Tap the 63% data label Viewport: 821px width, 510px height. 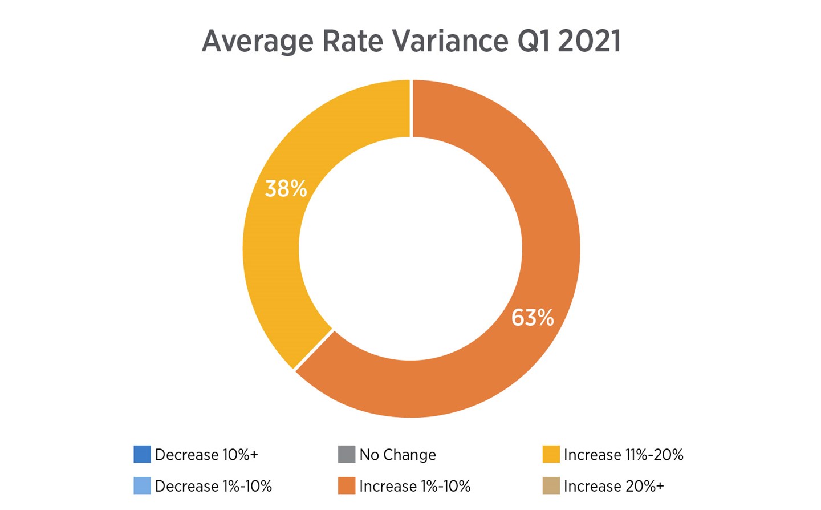tap(532, 318)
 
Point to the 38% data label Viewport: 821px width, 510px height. tap(286, 189)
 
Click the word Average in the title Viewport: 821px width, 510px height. tap(257, 41)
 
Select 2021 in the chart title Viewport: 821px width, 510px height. tap(590, 41)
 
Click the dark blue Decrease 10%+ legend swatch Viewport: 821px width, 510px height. tap(142, 454)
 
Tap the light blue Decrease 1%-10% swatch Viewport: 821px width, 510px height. tap(142, 485)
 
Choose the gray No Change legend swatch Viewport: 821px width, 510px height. tap(347, 454)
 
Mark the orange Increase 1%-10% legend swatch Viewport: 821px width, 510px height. tap(347, 485)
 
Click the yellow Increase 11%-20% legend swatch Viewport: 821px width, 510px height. tap(551, 454)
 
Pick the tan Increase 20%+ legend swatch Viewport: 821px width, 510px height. tap(551, 485)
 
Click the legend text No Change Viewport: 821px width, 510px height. tap(397, 455)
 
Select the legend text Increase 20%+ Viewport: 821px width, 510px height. tap(613, 486)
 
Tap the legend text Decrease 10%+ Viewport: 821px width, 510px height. tap(206, 455)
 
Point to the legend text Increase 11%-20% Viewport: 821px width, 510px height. tap(623, 455)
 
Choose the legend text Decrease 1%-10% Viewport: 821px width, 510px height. tap(213, 486)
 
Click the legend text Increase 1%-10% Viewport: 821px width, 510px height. tap(414, 486)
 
